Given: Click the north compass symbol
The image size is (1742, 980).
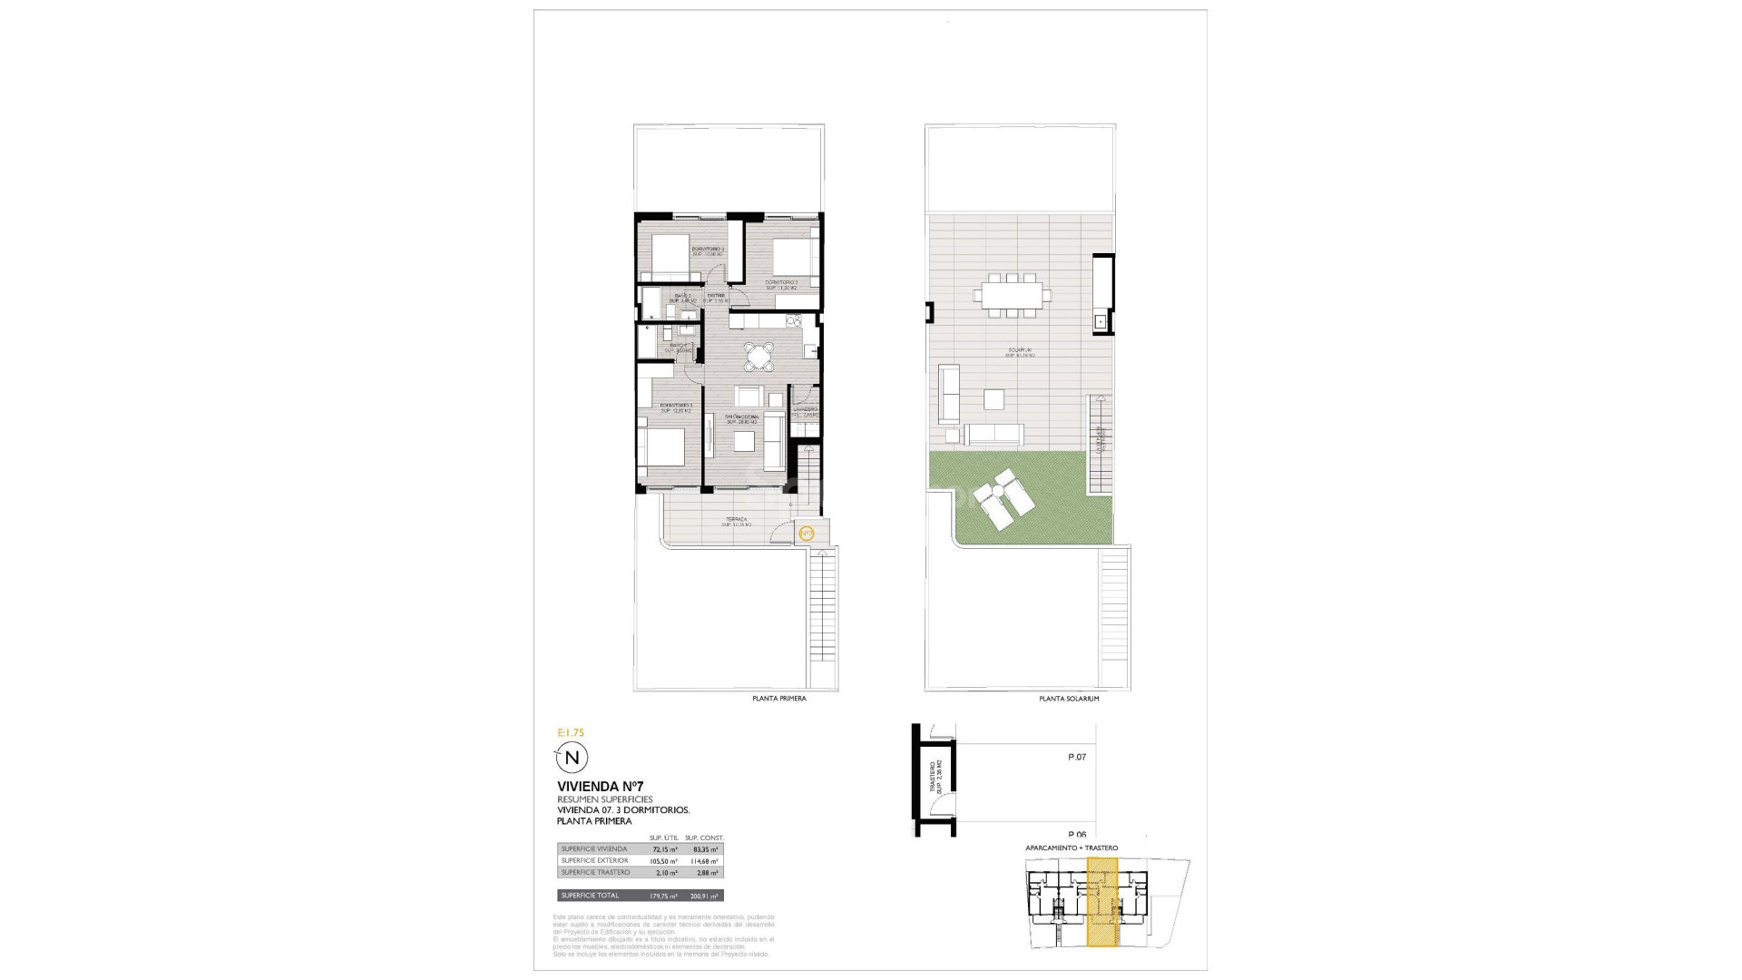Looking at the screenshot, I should coord(572,757).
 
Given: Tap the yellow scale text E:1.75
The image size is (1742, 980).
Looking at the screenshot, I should coord(571,731).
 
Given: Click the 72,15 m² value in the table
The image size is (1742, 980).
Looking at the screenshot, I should coord(665,849).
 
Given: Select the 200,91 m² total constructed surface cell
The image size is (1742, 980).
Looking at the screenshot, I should coord(704,896).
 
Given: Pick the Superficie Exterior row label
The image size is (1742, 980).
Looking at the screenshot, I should coord(594,860).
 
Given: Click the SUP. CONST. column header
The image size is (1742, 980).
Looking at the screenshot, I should coord(704,838).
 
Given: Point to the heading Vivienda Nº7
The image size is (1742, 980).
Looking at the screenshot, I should coord(600,786).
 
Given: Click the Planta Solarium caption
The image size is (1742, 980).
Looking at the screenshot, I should coord(1069,699).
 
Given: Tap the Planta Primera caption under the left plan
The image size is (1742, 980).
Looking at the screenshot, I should coord(778,699).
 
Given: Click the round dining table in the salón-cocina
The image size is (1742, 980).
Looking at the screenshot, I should coord(758,357).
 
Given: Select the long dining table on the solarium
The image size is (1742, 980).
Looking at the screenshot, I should coord(1013,294).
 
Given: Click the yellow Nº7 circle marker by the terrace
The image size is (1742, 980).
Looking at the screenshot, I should coord(807,533).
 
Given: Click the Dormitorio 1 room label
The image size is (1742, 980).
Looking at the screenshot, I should coord(676,406).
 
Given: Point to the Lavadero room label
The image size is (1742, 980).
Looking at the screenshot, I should coord(806,409).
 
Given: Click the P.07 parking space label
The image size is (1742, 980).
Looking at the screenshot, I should coord(1076,757).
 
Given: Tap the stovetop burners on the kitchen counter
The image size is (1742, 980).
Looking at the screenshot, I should coord(794,319).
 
